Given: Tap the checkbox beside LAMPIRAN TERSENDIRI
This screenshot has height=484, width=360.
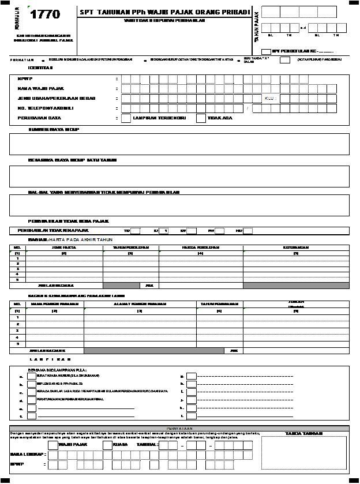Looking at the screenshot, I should click(x=126, y=118).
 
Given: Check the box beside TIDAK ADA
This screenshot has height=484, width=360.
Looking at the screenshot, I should click(x=201, y=118).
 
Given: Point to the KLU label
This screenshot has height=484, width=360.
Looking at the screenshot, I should click(x=271, y=99).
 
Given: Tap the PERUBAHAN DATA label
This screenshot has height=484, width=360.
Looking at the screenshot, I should click(x=35, y=118).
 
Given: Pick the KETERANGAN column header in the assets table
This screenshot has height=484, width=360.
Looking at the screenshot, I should click(x=295, y=247).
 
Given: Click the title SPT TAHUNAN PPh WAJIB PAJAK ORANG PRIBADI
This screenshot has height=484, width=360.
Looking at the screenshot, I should click(x=166, y=12).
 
